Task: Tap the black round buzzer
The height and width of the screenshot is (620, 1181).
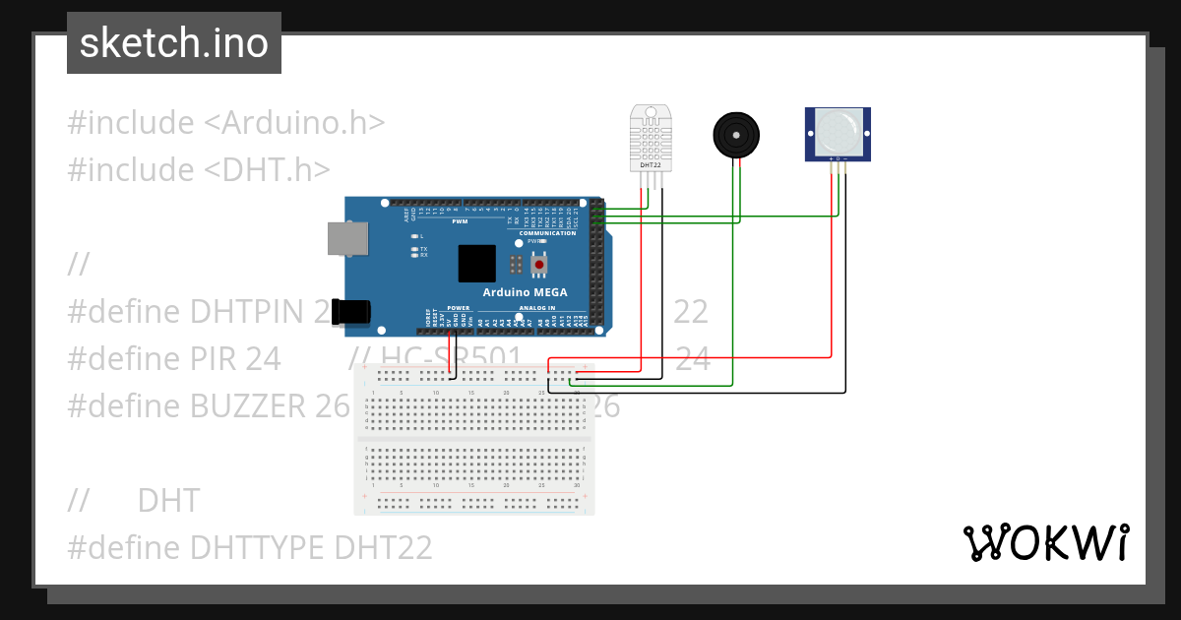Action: pyautogui.click(x=735, y=134)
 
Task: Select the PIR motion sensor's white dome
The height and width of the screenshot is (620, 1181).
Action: pyautogui.click(x=838, y=129)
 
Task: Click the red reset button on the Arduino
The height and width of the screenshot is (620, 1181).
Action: pyautogui.click(x=539, y=264)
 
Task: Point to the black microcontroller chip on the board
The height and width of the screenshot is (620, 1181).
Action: pyautogui.click(x=477, y=263)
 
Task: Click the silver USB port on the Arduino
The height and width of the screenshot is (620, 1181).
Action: pyautogui.click(x=347, y=239)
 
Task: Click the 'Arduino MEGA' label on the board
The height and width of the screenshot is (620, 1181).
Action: pyautogui.click(x=524, y=292)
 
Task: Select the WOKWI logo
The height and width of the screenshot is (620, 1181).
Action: pyautogui.click(x=1045, y=542)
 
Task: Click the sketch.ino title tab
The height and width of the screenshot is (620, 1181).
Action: pyautogui.click(x=174, y=43)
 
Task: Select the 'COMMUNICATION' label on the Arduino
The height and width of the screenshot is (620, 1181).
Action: pyautogui.click(x=547, y=233)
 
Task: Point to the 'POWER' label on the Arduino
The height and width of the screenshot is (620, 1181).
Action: pyautogui.click(x=459, y=307)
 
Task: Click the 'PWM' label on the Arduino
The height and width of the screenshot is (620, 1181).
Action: pyautogui.click(x=460, y=221)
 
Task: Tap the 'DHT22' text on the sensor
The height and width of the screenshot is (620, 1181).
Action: pyautogui.click(x=651, y=164)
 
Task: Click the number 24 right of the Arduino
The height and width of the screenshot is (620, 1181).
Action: pyautogui.click(x=692, y=359)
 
